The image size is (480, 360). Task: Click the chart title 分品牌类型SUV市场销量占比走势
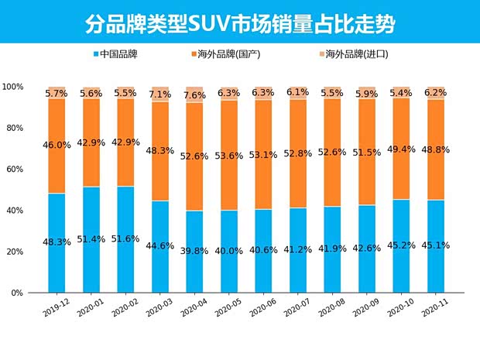point(239,23)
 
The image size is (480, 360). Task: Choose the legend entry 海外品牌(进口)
point(353,55)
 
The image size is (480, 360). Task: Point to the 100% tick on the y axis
point(13,87)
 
